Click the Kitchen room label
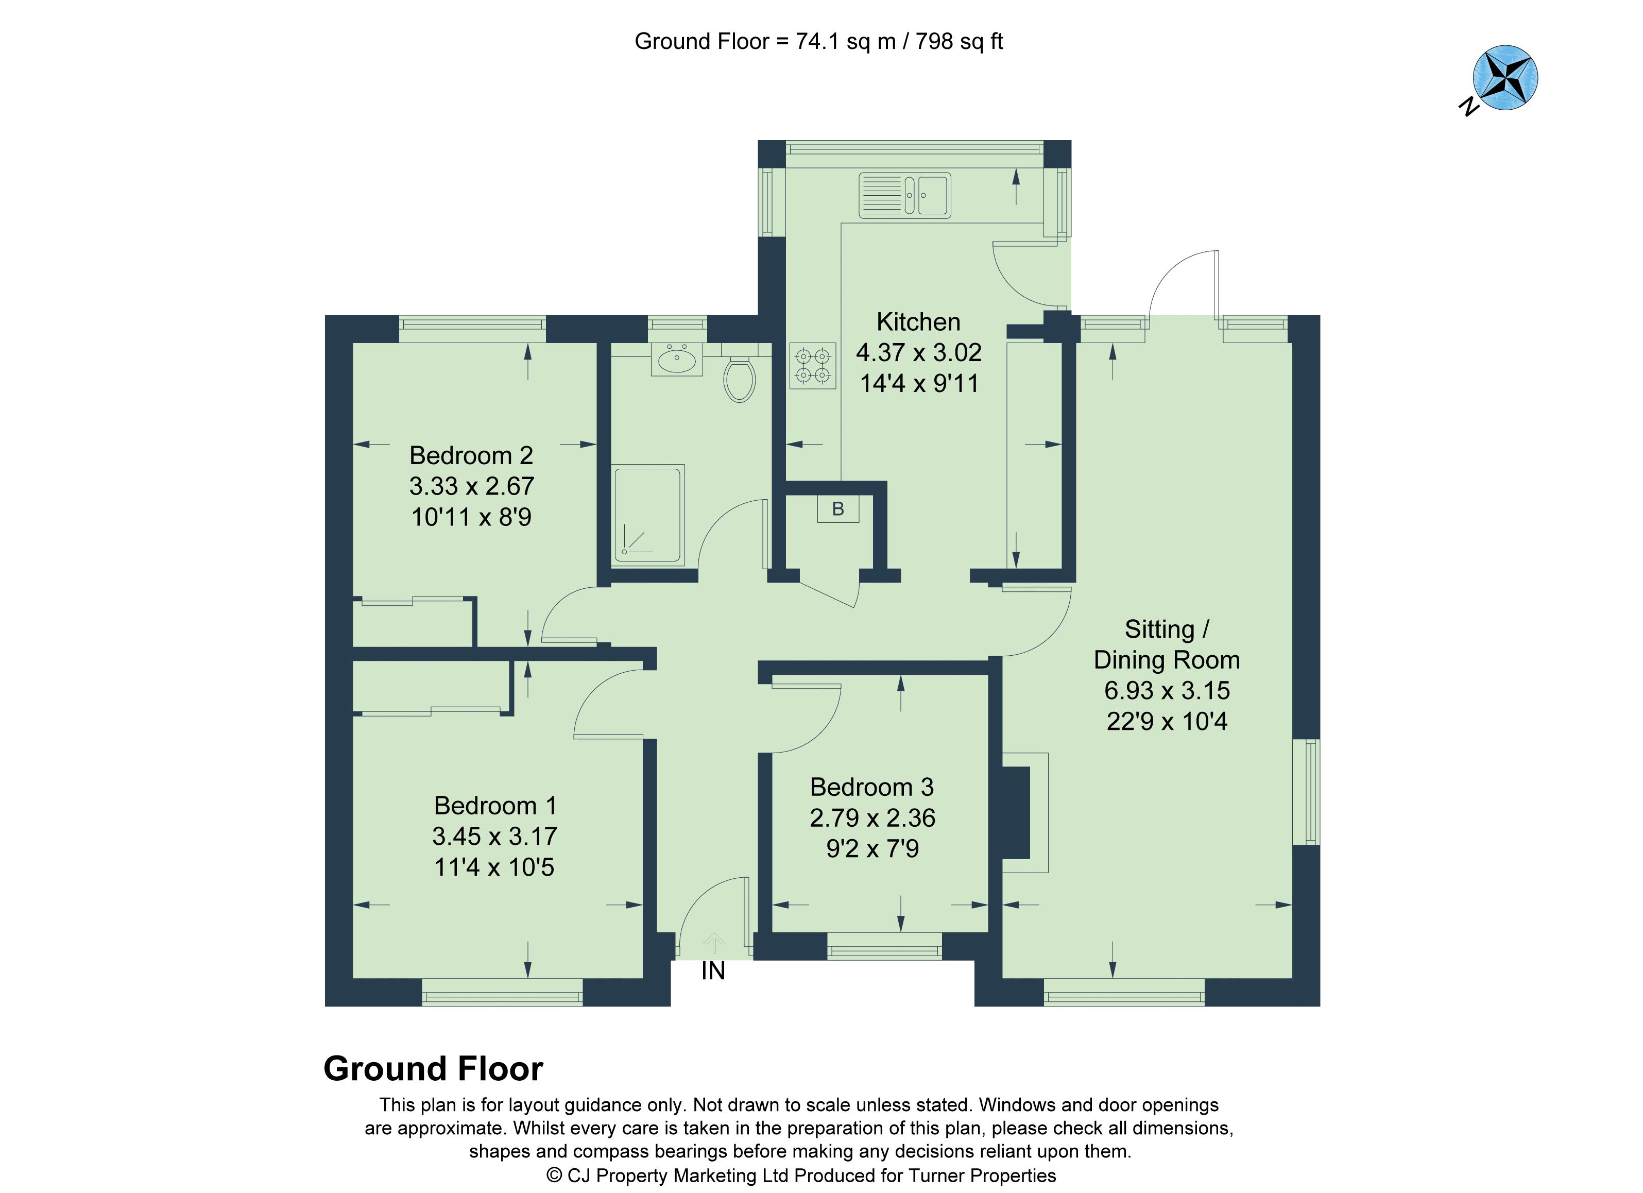[x=918, y=321]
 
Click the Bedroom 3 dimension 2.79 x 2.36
[x=872, y=818]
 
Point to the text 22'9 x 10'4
[x=1167, y=722]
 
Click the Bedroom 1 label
[x=495, y=806]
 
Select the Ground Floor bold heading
[x=433, y=1069]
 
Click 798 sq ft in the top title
[x=959, y=41]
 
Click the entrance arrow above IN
[x=713, y=942]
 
